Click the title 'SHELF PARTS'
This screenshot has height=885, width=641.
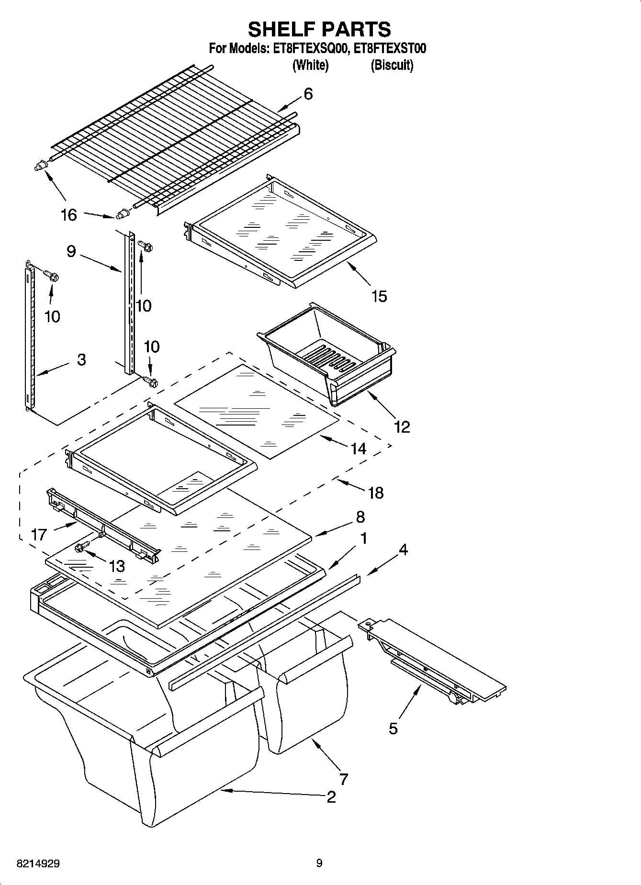pyautogui.click(x=319, y=29)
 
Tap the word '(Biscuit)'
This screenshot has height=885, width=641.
pyautogui.click(x=392, y=65)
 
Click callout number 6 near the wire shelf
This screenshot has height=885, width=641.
pyautogui.click(x=308, y=94)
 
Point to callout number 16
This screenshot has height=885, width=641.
pyautogui.click(x=69, y=215)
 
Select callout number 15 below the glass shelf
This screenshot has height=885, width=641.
pyautogui.click(x=379, y=296)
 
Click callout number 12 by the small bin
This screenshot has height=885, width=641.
pyautogui.click(x=402, y=426)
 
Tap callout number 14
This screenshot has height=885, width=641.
pyautogui.click(x=358, y=448)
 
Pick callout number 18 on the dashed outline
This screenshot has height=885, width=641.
pyautogui.click(x=376, y=493)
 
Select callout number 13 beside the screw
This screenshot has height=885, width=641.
pyautogui.click(x=116, y=566)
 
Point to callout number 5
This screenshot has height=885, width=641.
pyautogui.click(x=393, y=728)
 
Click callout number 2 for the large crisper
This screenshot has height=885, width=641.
pyautogui.click(x=331, y=797)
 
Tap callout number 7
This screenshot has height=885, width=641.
pyautogui.click(x=343, y=779)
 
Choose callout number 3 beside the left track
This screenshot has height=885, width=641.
pyautogui.click(x=81, y=359)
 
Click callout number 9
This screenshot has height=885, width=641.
pyautogui.click(x=71, y=251)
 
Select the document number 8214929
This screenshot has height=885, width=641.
pyautogui.click(x=38, y=863)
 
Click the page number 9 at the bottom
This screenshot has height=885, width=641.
pyautogui.click(x=319, y=863)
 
